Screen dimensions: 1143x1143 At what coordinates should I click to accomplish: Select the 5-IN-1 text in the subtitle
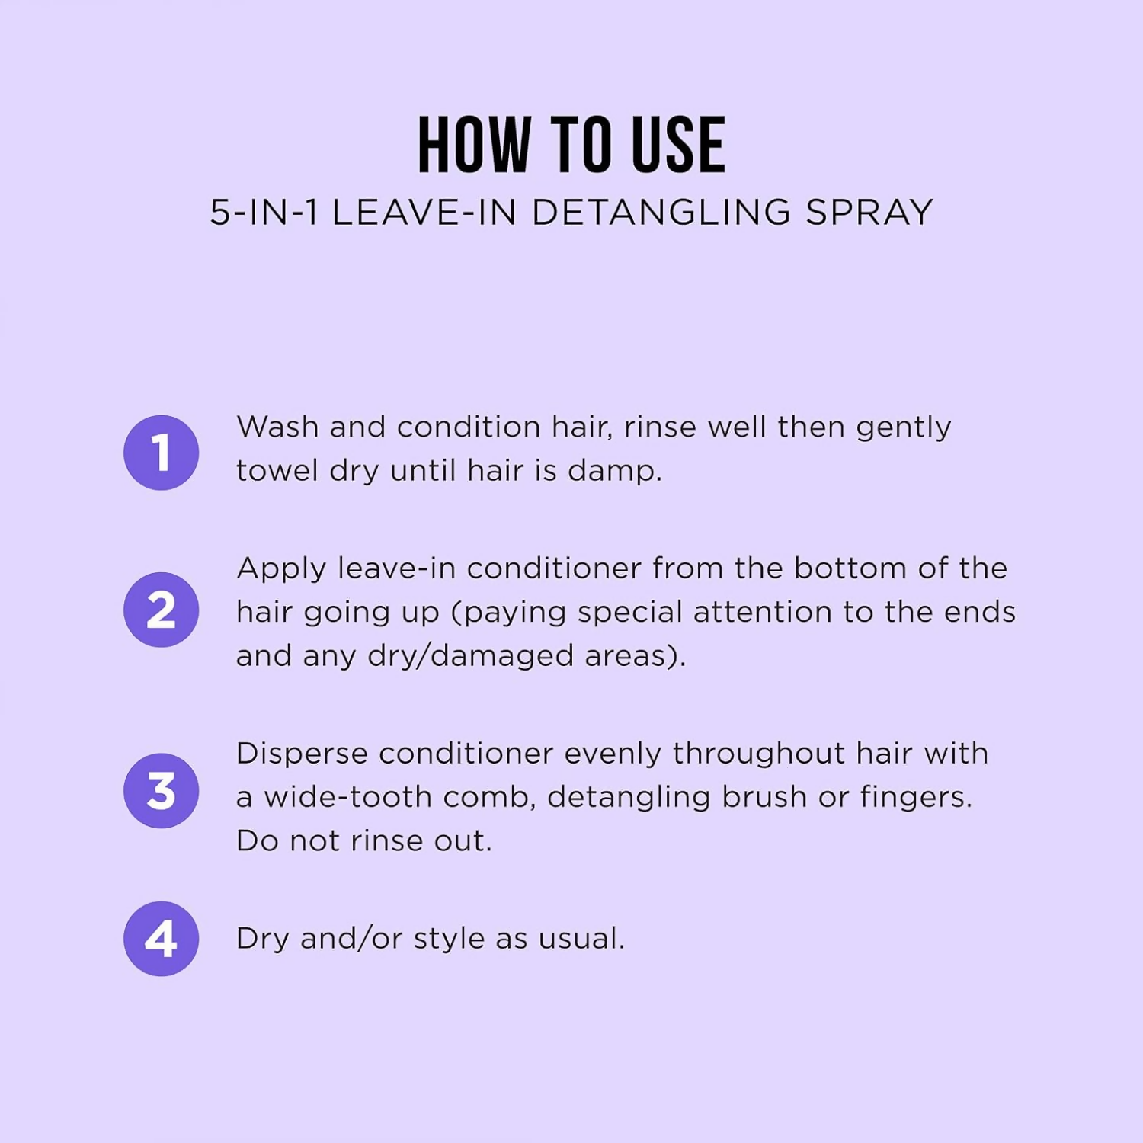(264, 212)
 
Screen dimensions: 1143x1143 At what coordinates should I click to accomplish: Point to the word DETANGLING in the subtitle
(661, 212)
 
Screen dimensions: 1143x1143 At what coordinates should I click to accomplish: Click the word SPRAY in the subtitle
(869, 212)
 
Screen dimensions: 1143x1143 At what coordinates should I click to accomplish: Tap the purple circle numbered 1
(161, 453)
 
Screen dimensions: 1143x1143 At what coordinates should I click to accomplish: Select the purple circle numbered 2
(161, 610)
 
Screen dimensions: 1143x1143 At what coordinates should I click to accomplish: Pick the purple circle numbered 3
(161, 790)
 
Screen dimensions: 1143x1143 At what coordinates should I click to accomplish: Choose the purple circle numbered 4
(161, 938)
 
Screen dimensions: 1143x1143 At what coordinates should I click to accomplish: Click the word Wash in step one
(277, 427)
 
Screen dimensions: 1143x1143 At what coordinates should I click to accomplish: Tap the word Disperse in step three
(302, 754)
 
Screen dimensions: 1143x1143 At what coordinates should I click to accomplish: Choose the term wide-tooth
(347, 797)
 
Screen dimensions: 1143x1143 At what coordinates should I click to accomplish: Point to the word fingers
(915, 798)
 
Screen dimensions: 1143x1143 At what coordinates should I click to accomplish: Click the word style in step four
(449, 940)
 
